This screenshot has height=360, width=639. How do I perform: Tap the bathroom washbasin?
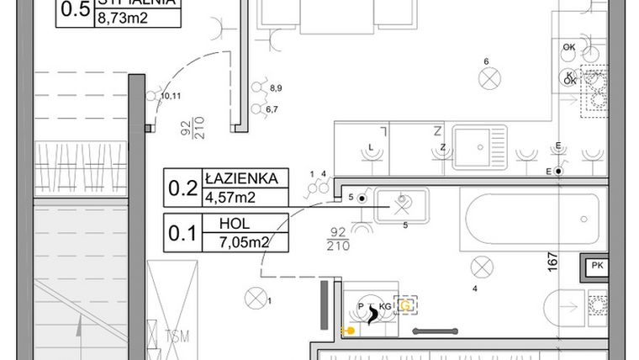click(x=401, y=204)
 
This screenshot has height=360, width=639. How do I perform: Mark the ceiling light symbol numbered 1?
click(x=253, y=296)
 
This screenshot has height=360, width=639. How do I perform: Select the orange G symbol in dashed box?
click(x=406, y=306)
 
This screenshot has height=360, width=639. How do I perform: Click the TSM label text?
click(x=177, y=337)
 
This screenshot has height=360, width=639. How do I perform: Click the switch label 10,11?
click(x=170, y=96)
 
